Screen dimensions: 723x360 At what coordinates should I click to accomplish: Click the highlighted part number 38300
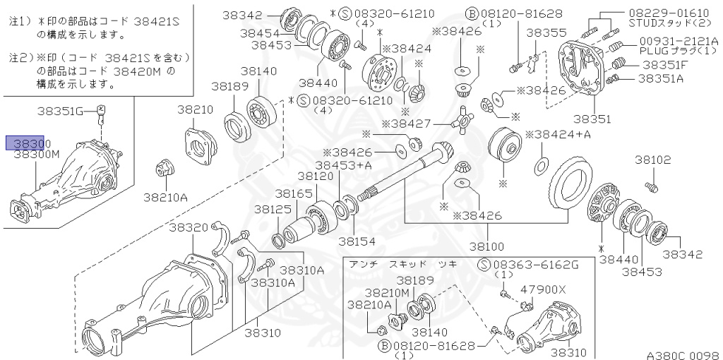[25, 143]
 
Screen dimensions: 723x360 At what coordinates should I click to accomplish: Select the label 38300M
[37, 154]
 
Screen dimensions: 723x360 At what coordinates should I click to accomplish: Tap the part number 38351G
[61, 111]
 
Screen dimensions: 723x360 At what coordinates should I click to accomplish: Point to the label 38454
[260, 33]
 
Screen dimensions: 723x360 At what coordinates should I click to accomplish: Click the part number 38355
[546, 32]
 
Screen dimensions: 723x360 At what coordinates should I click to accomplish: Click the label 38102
[653, 160]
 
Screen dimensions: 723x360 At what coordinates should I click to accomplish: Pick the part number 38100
[486, 246]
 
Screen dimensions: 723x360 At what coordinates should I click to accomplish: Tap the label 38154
[357, 241]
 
